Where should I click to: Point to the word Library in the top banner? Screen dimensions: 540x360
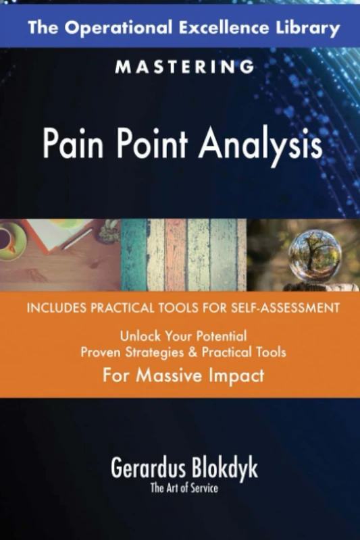pyautogui.click(x=305, y=28)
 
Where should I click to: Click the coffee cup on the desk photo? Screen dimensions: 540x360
pyautogui.click(x=9, y=240)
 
